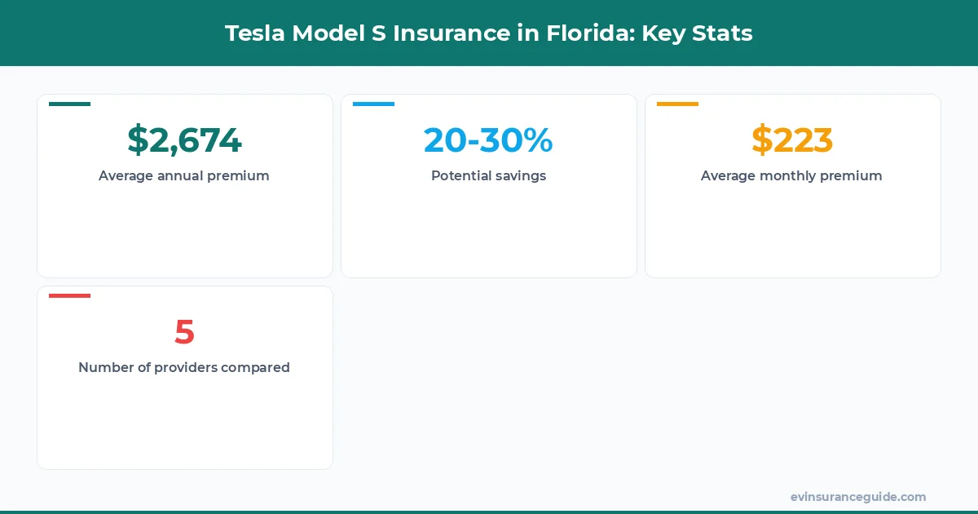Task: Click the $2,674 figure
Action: click(184, 140)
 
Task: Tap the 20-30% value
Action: click(488, 140)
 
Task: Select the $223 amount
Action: click(792, 140)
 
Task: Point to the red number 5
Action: click(184, 332)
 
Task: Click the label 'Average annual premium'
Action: click(184, 175)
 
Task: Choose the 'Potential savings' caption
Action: click(488, 175)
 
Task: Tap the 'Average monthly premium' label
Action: click(791, 175)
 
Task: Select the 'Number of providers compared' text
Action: click(184, 367)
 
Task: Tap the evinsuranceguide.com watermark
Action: click(858, 496)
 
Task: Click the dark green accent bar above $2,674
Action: click(70, 104)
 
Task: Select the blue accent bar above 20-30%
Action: click(374, 104)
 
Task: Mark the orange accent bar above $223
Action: click(678, 104)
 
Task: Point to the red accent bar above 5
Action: click(70, 295)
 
